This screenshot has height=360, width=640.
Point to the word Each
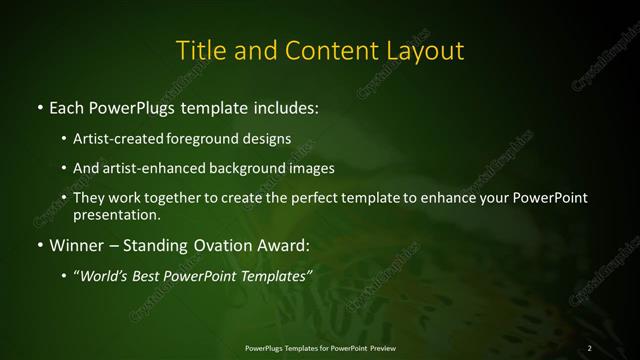[x=67, y=105]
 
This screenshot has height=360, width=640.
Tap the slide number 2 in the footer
[x=590, y=348]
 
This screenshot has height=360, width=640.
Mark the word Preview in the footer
[x=379, y=348]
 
